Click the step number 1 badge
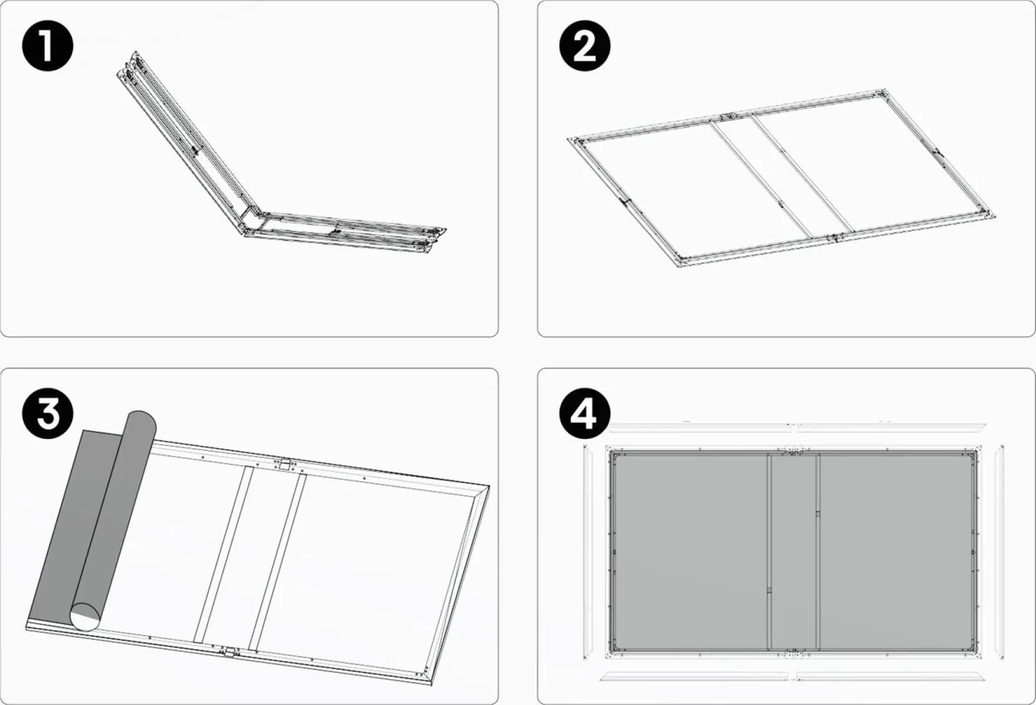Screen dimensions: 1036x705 coord(48,46)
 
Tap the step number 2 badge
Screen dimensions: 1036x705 coord(585,46)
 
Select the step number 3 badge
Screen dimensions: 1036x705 coord(48,414)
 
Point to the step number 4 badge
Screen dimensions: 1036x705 coord(585,414)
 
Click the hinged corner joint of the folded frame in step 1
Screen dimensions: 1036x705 coord(251,220)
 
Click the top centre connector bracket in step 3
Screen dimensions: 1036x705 coord(285,465)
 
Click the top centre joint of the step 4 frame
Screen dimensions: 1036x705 coord(793,451)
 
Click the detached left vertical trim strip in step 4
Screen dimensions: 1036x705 coord(586,552)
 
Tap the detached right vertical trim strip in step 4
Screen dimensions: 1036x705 coord(1000,552)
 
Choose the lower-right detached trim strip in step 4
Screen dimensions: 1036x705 coord(891,676)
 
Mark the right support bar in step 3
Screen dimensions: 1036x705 coord(277,562)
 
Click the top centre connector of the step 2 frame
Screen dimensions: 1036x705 coord(729,116)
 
